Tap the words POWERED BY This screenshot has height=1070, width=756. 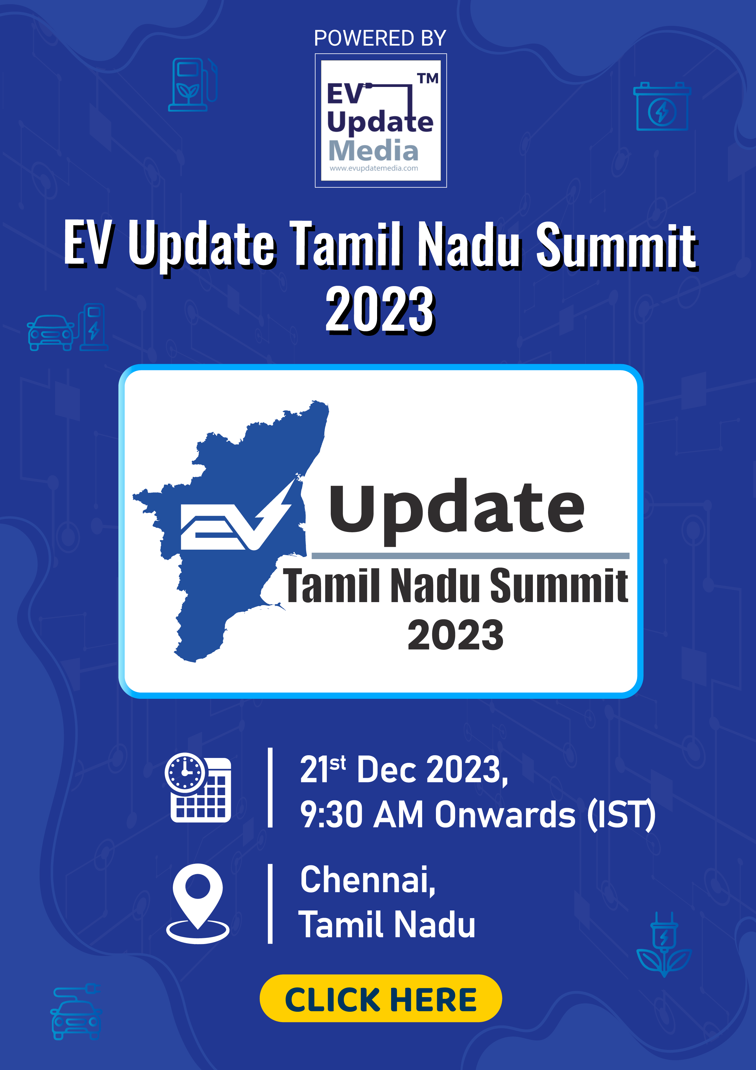coord(380,38)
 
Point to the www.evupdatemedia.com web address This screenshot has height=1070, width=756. coord(374,168)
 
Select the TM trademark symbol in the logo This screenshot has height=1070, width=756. coord(428,78)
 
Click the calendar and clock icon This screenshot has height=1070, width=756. coord(198,787)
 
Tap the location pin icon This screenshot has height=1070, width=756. coord(198,903)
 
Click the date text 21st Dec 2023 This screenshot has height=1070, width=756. coord(404,770)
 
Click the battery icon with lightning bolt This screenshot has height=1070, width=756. coord(662,106)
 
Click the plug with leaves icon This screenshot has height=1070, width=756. coord(664,944)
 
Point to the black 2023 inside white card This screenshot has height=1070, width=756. coord(455,635)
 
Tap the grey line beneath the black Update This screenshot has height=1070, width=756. coord(470,555)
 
